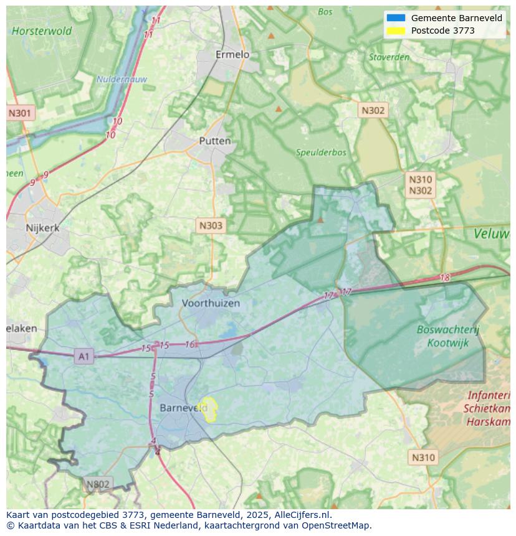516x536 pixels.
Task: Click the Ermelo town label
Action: click(232, 55)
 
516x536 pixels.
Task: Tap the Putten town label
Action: click(214, 141)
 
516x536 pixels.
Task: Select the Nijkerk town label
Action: click(42, 228)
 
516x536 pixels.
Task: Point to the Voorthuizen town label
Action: click(211, 303)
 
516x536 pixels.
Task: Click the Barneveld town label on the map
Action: click(183, 408)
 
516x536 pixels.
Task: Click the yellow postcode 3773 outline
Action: click(209, 409)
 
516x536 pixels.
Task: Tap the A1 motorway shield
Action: click(83, 356)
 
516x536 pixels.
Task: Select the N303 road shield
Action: click(210, 225)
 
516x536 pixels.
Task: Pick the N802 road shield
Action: click(98, 484)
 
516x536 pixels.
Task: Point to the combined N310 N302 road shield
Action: click(420, 186)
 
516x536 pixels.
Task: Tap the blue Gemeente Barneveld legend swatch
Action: click(396, 18)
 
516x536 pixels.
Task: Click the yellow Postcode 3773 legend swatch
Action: click(396, 31)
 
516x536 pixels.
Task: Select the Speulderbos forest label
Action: click(320, 153)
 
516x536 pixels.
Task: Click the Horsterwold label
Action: click(42, 31)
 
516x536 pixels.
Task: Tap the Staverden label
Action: click(389, 57)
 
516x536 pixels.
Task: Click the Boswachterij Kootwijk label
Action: click(448, 336)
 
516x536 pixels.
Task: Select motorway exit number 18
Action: click(444, 278)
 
